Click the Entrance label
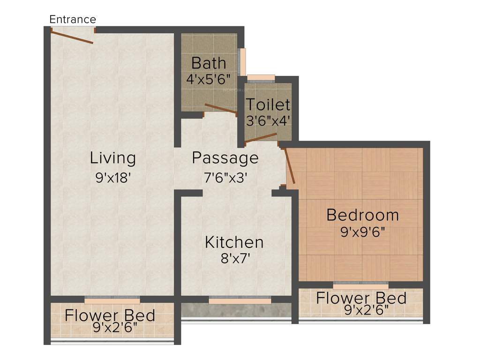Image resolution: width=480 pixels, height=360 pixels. coord(73,19)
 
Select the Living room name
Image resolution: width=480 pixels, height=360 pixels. coord(113,158)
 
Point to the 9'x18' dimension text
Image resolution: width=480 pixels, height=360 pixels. coord(113,178)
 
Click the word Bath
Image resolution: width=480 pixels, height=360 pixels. coord(209,63)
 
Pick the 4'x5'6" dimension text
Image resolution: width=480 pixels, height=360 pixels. coord(208,79)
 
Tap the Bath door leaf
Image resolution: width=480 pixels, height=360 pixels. coord(220,108)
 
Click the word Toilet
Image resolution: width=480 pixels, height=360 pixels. coord(268,104)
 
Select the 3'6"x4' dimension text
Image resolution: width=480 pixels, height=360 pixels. coord(268,120)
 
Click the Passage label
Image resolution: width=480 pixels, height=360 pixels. coord(225,158)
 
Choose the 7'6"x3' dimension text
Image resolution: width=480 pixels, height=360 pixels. coord(225,178)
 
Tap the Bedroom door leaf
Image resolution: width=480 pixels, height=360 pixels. coord(289,166)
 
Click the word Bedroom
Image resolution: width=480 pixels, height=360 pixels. coord(362,215)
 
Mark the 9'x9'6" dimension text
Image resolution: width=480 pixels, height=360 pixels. coord(362,232)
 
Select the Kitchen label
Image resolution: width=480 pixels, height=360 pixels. coord(234,242)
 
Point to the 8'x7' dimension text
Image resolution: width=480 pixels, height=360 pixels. coord(234,259)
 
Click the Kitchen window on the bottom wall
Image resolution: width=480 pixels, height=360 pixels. coord(240,300)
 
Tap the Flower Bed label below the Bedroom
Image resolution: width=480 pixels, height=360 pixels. coord(361,298)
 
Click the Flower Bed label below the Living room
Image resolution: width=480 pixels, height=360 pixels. coord(110,315)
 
